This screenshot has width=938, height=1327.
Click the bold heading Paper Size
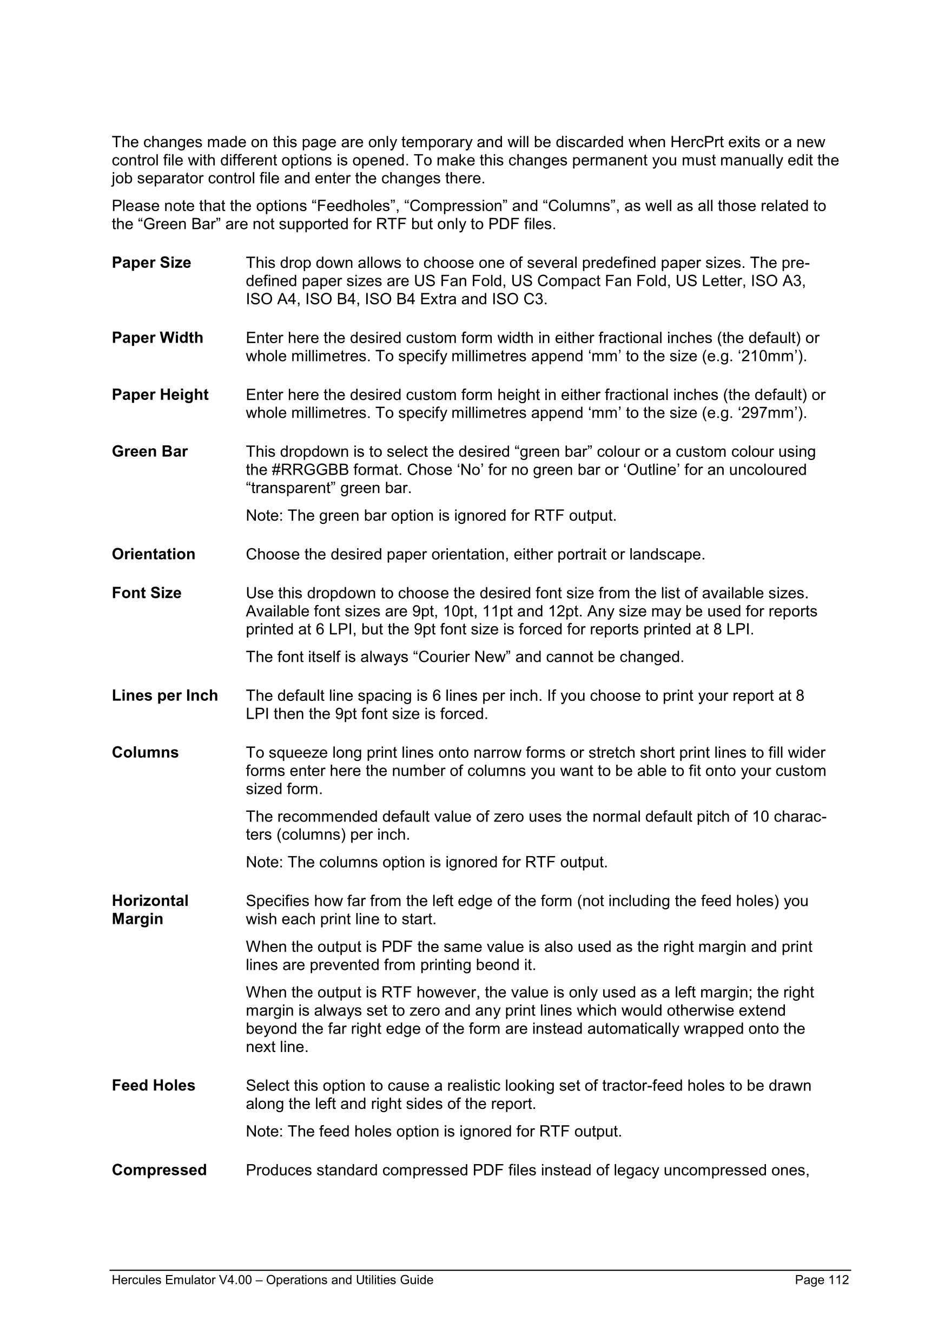(151, 263)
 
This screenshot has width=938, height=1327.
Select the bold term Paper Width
(157, 338)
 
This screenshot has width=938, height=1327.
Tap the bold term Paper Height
(160, 395)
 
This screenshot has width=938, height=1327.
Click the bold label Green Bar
(150, 451)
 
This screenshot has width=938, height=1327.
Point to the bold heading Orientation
(154, 554)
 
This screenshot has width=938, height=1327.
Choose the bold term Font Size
(147, 593)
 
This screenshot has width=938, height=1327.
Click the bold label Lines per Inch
(164, 695)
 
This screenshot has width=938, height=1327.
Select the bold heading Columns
(145, 752)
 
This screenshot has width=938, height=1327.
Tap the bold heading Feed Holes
(154, 1086)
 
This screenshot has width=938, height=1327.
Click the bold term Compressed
(160, 1170)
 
